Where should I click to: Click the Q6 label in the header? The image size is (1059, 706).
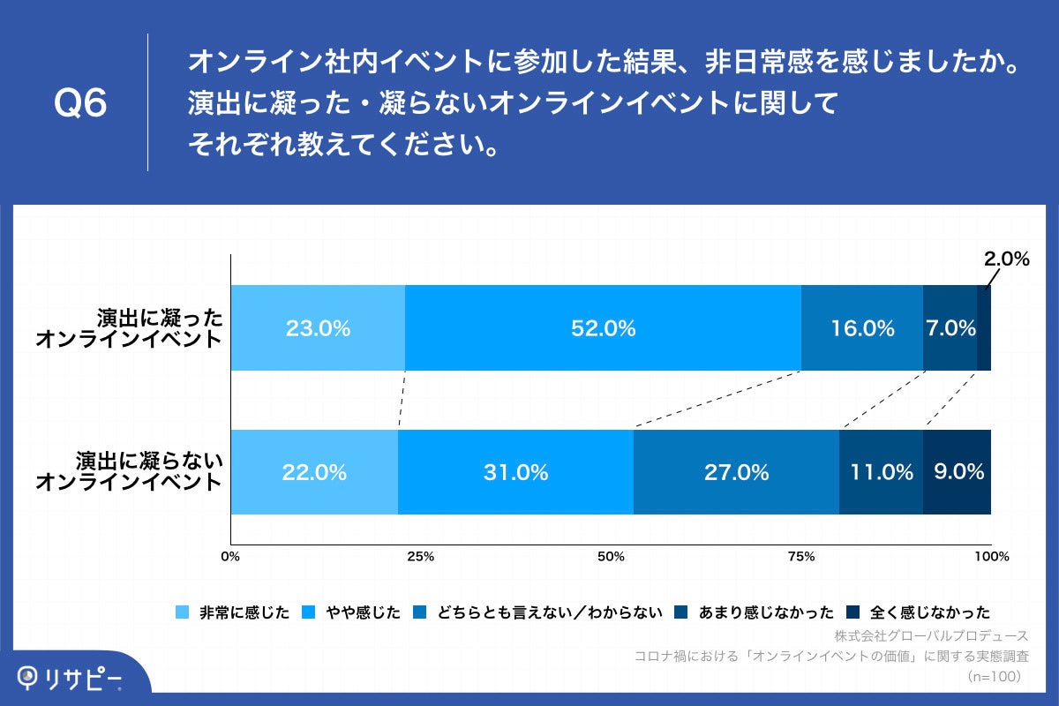tap(80, 104)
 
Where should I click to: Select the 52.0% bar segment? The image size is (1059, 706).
tap(603, 328)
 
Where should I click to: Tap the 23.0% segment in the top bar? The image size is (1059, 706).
tap(318, 328)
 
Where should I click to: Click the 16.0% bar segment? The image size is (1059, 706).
tap(862, 328)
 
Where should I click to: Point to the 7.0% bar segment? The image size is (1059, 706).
tap(950, 328)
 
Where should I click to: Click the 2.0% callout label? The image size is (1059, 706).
tap(1007, 259)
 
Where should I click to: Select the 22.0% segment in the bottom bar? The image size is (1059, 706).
tap(314, 472)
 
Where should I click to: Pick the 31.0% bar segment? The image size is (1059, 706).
tap(515, 472)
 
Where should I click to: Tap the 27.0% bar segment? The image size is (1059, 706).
tap(736, 472)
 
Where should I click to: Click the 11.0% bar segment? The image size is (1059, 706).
tap(881, 472)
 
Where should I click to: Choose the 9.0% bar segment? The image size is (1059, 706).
tap(958, 472)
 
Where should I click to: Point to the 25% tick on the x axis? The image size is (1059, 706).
tap(421, 557)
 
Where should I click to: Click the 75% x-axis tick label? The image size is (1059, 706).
tap(800, 557)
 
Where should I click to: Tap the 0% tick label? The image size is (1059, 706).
tap(230, 557)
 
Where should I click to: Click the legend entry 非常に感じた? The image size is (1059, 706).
tap(234, 612)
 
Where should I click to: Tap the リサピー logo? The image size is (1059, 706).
tap(71, 677)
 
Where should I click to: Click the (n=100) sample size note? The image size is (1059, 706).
tap(994, 677)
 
